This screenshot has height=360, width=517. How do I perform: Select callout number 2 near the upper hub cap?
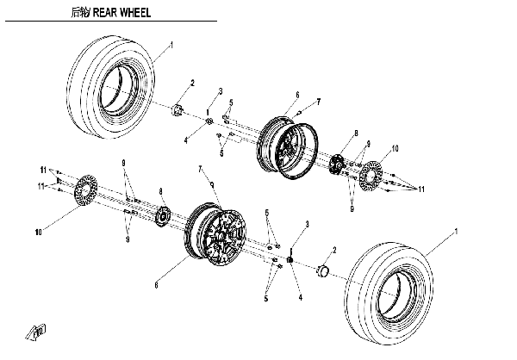point(191,83)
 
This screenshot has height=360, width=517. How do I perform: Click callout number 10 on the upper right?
point(396,148)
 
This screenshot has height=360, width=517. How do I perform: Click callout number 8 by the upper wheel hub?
point(354,132)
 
